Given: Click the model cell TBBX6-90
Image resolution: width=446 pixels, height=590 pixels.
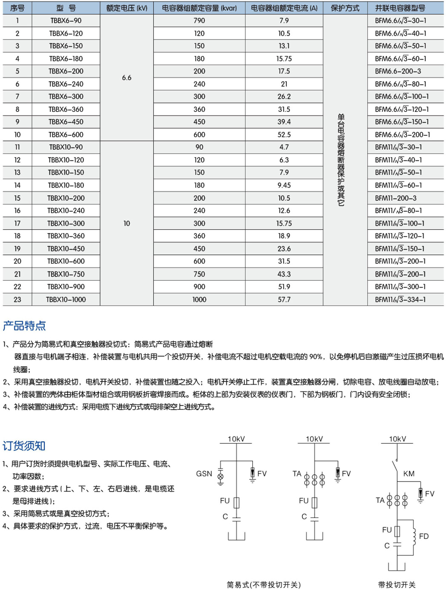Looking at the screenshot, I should (x=66, y=20).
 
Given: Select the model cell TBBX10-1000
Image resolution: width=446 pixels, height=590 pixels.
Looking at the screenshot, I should (x=66, y=299).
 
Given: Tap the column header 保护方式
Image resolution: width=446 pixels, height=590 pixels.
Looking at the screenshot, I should (x=345, y=8).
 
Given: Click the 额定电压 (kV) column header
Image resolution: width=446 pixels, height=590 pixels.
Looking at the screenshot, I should (x=127, y=8).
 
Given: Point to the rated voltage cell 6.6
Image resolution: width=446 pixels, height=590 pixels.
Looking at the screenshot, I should (x=127, y=78).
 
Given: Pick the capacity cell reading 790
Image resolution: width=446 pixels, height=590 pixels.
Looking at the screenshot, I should (x=199, y=20).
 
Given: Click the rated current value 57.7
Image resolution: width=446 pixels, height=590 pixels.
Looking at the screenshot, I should (x=284, y=299).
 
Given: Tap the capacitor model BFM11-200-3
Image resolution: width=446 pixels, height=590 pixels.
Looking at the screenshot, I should (x=396, y=198).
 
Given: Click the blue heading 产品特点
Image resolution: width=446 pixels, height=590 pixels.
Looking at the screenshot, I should (x=24, y=326).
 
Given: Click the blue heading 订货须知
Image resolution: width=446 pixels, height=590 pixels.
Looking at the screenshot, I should (x=24, y=446).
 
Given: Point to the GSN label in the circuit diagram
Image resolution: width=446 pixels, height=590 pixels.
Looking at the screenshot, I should (x=204, y=473).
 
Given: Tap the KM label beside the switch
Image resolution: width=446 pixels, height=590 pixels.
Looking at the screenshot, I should (x=409, y=473).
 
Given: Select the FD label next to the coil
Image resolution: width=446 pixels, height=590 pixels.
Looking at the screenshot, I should (x=423, y=536).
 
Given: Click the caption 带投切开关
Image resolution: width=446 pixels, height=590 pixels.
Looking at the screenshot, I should (x=397, y=584).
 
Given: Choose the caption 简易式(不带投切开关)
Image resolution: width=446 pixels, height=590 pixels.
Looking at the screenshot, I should (x=263, y=584).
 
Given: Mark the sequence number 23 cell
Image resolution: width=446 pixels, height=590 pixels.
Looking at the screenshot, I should (x=17, y=299).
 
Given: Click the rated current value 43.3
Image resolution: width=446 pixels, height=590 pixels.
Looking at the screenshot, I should (x=284, y=274).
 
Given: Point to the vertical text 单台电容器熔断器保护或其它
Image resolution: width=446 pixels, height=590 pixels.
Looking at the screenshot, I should (x=341, y=160).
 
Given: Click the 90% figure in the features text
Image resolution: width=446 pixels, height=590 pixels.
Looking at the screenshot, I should (x=315, y=356).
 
